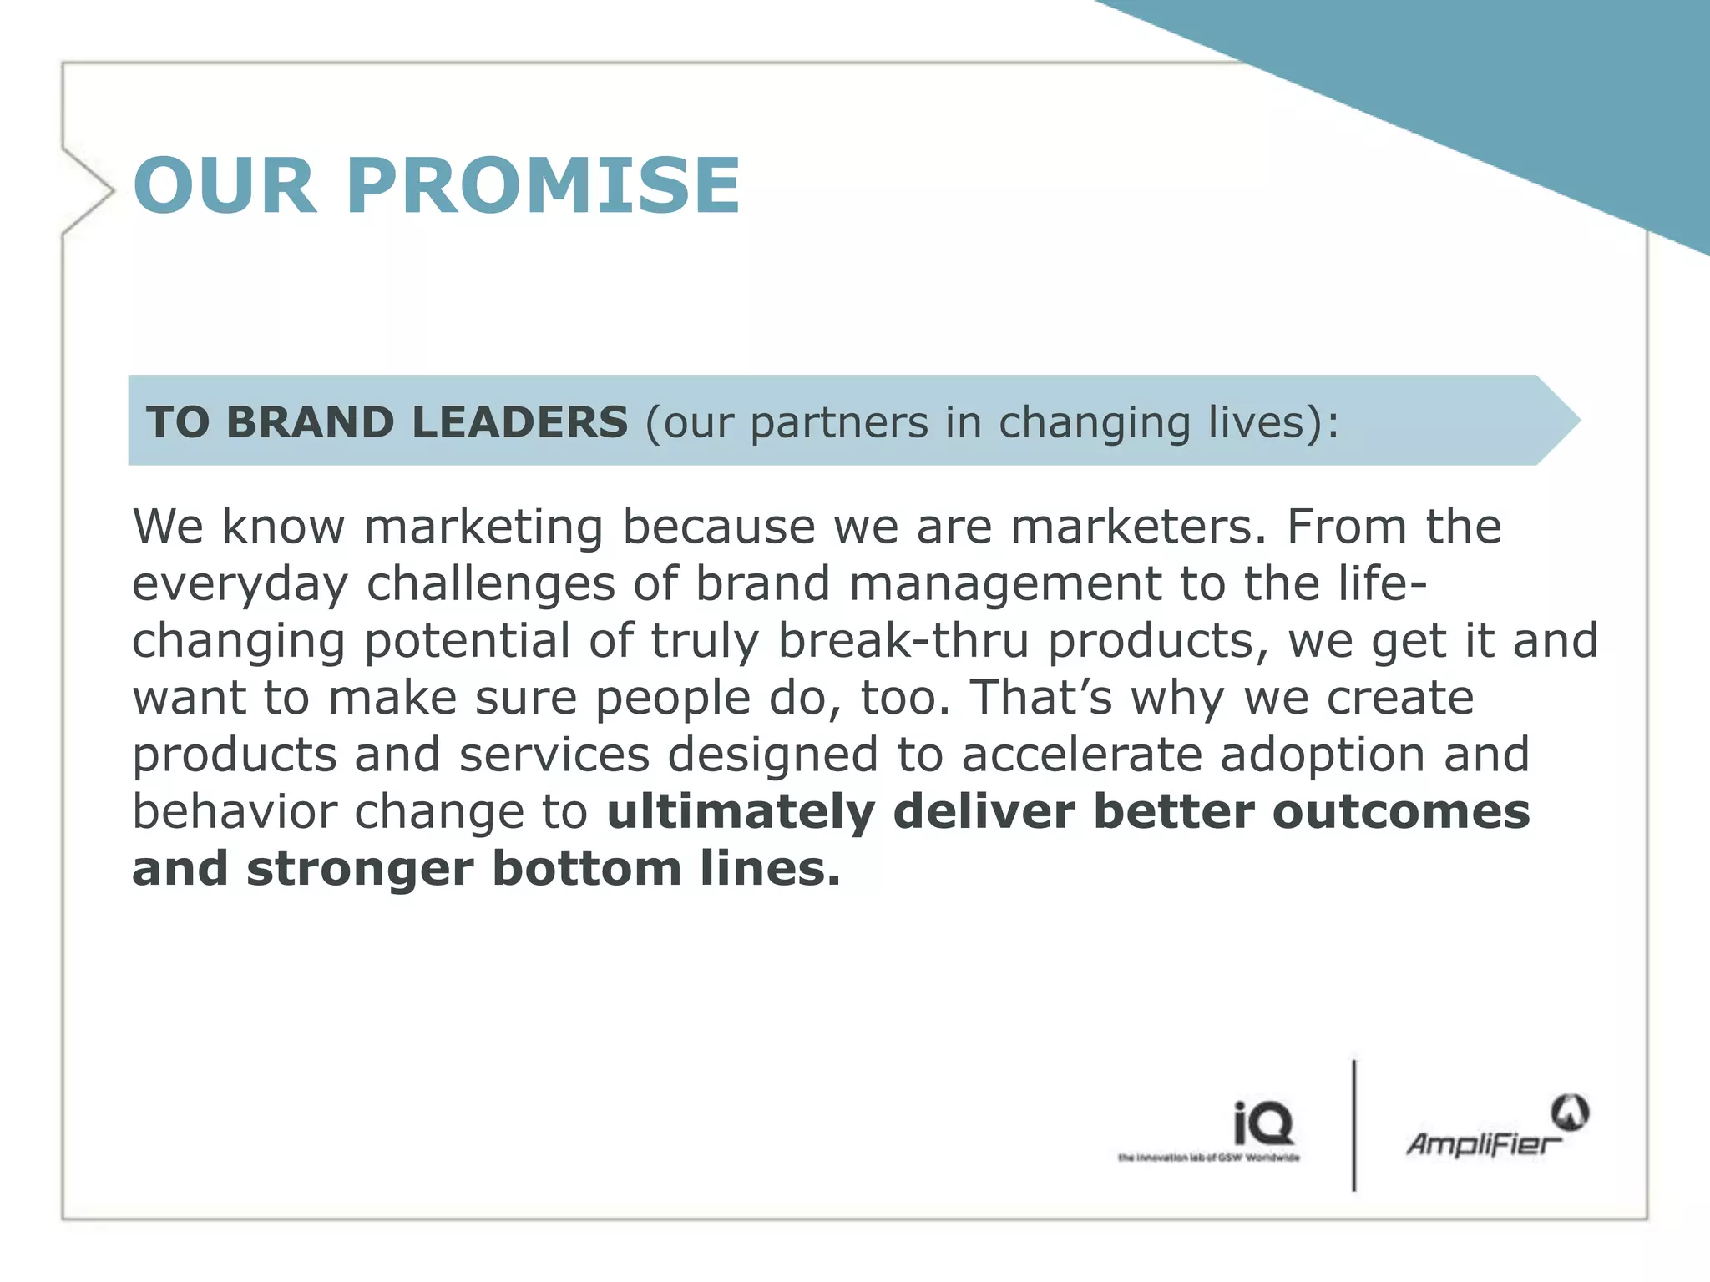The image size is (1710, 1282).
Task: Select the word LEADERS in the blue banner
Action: coord(519,421)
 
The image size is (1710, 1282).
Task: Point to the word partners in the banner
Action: coord(838,423)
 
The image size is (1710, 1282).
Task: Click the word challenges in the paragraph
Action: coord(490,584)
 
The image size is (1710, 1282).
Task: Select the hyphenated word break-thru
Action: coord(903,641)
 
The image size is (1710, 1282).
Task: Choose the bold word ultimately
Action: coord(741,813)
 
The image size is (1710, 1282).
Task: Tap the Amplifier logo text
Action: coord(1483,1143)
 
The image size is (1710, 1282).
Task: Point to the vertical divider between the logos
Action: coord(1353,1125)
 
